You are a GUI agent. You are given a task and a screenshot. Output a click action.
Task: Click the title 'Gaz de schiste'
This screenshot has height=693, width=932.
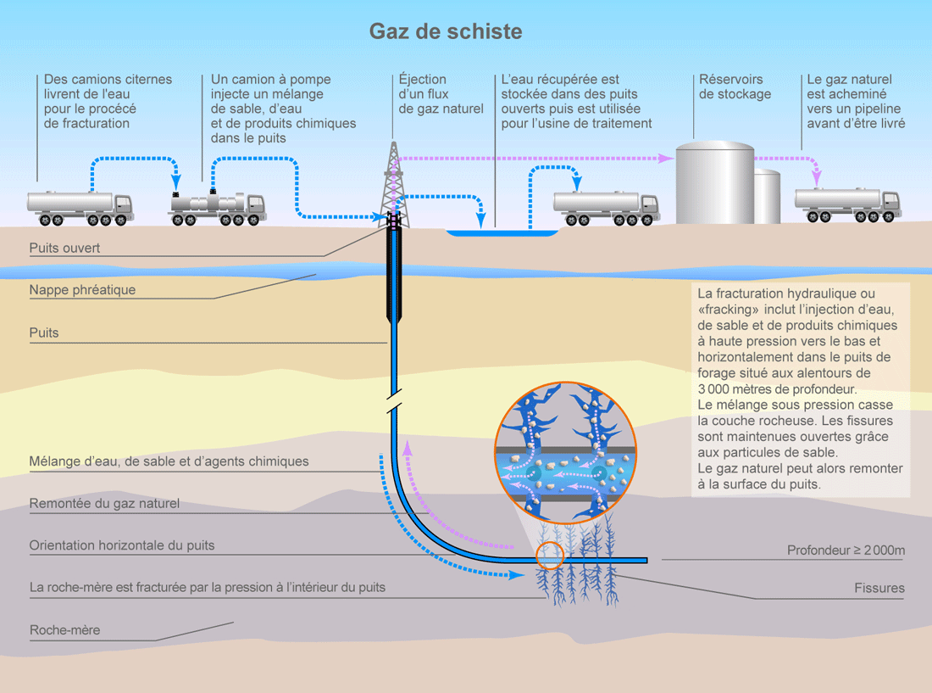click(445, 32)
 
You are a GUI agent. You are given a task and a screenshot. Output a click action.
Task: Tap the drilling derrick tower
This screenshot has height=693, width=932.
click(392, 182)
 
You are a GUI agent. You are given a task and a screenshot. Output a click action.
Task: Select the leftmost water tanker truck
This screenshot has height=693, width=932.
click(80, 206)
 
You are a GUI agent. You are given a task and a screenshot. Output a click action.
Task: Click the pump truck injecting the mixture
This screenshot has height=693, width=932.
click(219, 206)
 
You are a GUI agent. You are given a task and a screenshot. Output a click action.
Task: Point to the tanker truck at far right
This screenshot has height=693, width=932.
click(847, 204)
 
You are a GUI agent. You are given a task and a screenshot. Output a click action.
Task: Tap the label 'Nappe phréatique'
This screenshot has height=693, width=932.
click(82, 290)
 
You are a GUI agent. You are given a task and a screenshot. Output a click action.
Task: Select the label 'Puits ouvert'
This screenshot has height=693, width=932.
click(64, 249)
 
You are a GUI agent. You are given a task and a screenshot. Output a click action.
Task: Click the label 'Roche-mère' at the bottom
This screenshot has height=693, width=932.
click(64, 630)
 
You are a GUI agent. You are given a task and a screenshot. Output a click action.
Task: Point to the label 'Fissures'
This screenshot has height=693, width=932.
click(879, 588)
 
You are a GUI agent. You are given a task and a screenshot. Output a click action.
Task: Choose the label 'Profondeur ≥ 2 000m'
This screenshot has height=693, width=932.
click(846, 550)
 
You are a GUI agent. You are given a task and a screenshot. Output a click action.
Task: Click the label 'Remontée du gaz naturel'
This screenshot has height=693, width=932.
click(104, 504)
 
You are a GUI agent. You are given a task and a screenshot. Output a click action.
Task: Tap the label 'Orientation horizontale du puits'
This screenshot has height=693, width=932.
click(122, 545)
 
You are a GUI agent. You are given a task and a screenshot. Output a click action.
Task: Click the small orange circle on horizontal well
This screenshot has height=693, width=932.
click(550, 555)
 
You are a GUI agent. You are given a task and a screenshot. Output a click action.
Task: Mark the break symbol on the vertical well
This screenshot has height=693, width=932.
click(392, 402)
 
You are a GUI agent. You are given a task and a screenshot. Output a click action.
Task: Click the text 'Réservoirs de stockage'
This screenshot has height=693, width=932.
click(735, 87)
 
